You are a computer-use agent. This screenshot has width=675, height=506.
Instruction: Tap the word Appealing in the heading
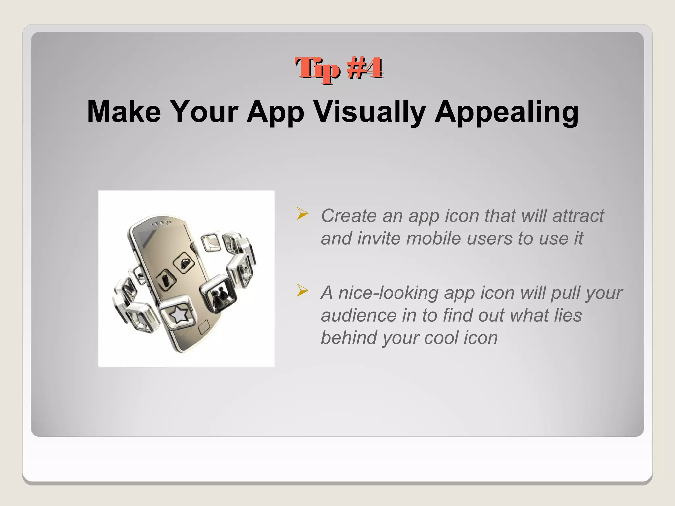click(507, 112)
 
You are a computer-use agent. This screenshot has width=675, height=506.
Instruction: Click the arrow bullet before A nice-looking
click(302, 290)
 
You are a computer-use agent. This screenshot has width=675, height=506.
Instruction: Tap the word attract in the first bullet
click(578, 216)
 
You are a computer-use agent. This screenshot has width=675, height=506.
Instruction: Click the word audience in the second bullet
click(359, 316)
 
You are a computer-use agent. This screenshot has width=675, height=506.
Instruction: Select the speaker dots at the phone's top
click(161, 224)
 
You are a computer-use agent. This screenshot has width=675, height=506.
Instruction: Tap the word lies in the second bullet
click(568, 316)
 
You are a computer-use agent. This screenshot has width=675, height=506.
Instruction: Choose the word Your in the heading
click(204, 112)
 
